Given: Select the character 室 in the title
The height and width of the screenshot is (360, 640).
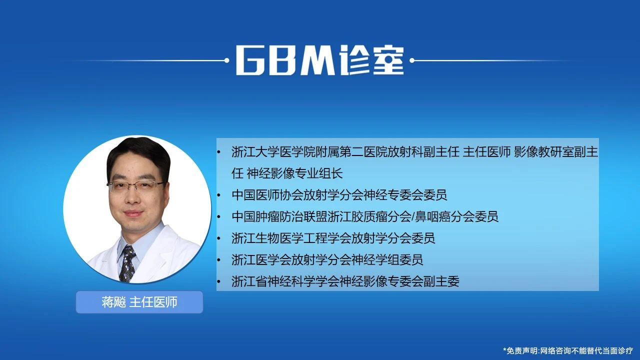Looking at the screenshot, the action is click(x=388, y=60).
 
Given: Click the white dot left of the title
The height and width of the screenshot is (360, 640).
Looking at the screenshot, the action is click(x=227, y=60).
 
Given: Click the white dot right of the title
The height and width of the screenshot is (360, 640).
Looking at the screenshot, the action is click(x=412, y=60).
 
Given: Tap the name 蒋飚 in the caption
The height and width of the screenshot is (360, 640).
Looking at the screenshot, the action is click(x=113, y=302).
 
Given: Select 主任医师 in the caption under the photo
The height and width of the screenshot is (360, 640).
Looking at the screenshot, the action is click(x=153, y=302).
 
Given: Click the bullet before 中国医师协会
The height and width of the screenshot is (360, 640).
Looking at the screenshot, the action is click(x=219, y=195).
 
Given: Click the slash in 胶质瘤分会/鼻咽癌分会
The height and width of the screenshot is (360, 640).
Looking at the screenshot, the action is click(x=413, y=216).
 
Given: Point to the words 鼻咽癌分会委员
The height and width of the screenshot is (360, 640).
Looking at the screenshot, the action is click(x=457, y=216).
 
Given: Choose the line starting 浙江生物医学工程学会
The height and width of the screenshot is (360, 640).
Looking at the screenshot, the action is click(x=333, y=238).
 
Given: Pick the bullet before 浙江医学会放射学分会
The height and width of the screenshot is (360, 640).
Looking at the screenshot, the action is click(x=219, y=260).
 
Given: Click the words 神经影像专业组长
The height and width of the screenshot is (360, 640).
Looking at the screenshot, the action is click(x=295, y=173).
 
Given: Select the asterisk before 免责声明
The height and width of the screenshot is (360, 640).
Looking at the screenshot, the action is click(x=504, y=349).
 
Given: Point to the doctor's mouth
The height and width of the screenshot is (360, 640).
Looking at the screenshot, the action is click(x=133, y=213).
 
